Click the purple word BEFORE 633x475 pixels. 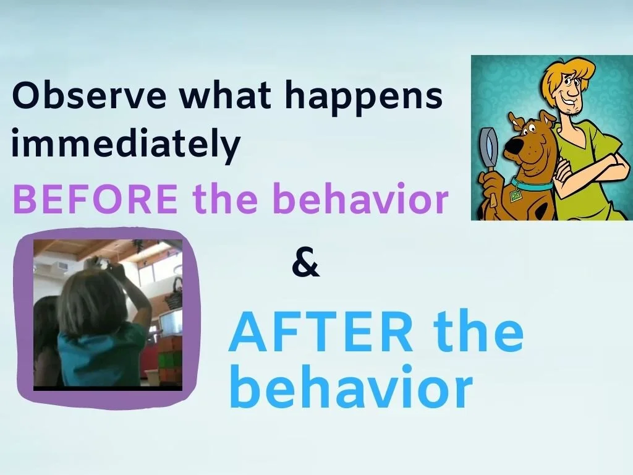(95, 199)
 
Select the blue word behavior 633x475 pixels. (351, 386)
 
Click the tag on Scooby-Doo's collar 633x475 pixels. (516, 196)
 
